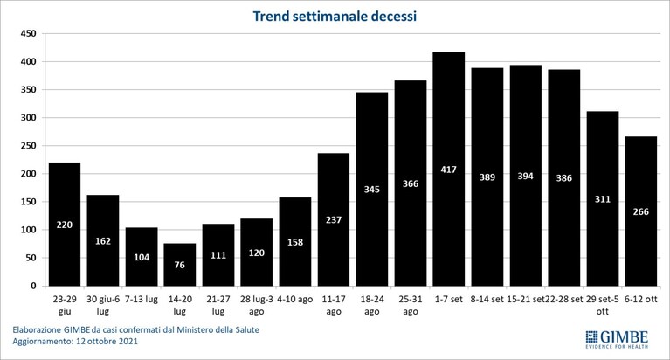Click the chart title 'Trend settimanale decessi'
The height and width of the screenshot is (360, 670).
[335, 17]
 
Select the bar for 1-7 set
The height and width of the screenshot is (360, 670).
[449, 169]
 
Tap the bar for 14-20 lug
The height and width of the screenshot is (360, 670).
[179, 265]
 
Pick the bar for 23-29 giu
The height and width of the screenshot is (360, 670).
[65, 224]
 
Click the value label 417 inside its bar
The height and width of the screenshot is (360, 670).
[449, 170]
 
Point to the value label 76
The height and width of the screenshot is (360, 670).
[179, 265]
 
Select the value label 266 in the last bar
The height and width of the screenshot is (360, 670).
[641, 211]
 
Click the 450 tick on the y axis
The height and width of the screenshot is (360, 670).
[28, 34]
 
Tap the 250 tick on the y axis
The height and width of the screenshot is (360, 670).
[28, 146]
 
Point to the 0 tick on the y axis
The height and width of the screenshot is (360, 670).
[34, 286]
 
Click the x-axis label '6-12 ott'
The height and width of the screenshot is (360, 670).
[641, 300]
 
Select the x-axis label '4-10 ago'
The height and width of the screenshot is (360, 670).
[295, 300]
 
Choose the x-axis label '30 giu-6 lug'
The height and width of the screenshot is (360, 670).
[103, 305]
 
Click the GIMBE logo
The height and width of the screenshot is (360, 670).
[617, 339]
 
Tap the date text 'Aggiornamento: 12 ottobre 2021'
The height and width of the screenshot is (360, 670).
[75, 341]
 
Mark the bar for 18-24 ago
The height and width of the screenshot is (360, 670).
[372, 189]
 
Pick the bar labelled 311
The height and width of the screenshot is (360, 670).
[603, 199]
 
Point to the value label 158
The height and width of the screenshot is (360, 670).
[295, 242]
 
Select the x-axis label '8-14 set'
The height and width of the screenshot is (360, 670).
[487, 300]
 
